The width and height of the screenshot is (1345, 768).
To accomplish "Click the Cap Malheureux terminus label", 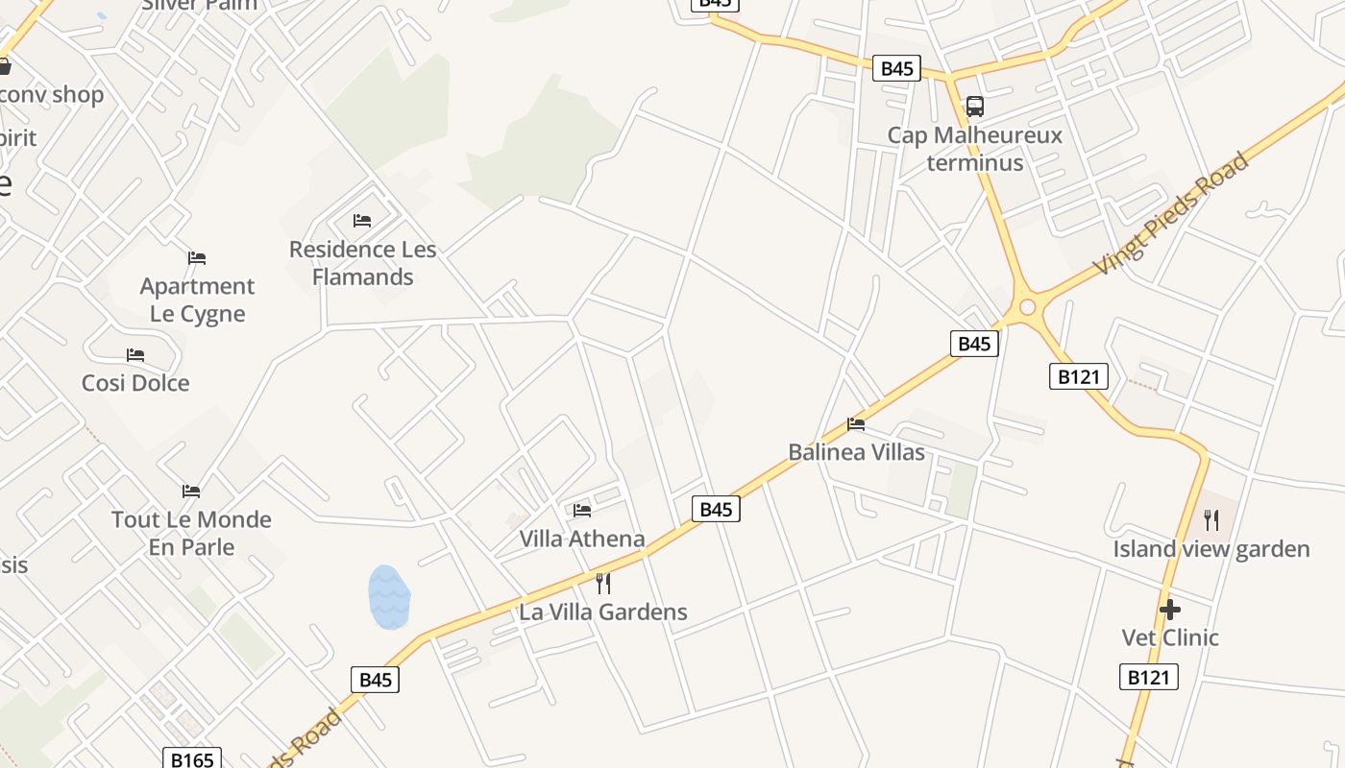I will coord(974,149).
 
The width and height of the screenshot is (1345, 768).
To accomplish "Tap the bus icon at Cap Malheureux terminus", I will coord(974,107).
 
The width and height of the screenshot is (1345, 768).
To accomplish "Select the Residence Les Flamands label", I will coord(362,263).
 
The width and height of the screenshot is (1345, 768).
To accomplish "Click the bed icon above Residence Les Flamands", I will coord(362,221).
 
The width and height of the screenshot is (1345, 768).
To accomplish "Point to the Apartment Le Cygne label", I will coord(197,300).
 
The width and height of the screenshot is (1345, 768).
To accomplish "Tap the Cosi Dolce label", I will coord(135,383).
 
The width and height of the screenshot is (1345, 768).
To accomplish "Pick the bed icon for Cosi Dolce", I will coord(135,355).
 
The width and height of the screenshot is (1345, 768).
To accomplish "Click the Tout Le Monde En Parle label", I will coord(191,533).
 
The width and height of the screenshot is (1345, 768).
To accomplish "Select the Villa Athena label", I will coord(582,539).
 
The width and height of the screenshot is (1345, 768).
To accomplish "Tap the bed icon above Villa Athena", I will coord(582,510).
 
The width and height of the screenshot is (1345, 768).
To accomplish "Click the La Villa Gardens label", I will coord(603,612).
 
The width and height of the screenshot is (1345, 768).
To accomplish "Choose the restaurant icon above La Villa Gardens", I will coord(603,583).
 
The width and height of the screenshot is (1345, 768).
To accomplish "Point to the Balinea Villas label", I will coord(856,452).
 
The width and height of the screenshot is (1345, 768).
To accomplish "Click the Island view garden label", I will coord(1211,549).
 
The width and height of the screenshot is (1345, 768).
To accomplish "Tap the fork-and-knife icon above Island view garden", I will coord(1211,520).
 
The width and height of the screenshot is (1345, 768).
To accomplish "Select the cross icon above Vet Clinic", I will coord(1169,609).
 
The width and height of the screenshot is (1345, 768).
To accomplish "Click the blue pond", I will coord(389,597).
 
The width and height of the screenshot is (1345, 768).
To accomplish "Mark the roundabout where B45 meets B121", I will coord(1027,307).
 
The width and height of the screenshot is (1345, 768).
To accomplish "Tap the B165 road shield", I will coord(191,759).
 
